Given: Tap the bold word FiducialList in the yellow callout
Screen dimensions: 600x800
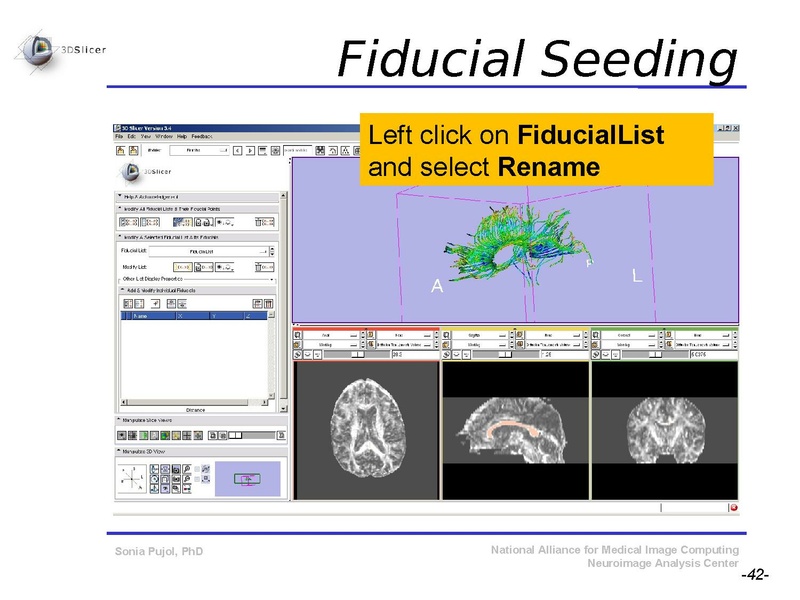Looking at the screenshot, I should click(590, 135).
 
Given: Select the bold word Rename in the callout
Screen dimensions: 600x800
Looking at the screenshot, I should click(548, 166).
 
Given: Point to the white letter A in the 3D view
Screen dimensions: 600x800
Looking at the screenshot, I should click(436, 287).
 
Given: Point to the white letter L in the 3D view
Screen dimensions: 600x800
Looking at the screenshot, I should click(637, 274).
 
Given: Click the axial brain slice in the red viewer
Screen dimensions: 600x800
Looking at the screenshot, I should click(366, 430).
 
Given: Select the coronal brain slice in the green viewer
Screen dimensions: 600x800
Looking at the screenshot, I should click(664, 430).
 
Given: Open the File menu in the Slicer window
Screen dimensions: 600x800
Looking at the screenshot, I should click(119, 136).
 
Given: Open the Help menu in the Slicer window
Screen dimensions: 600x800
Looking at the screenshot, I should click(181, 136).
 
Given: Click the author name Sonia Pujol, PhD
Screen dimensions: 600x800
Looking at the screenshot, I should click(159, 551).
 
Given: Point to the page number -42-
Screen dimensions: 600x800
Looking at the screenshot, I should click(754, 576).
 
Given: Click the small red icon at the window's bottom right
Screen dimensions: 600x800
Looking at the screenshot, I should click(733, 508).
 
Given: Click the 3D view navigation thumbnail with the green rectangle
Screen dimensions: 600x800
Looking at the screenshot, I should click(245, 479).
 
